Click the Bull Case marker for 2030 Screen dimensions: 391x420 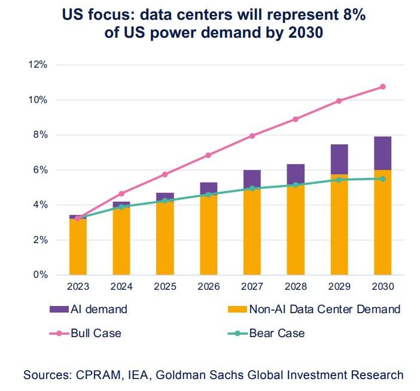(x=383, y=87)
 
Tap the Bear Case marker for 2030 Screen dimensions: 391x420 (x=383, y=178)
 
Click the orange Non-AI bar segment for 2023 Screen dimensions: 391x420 (x=78, y=247)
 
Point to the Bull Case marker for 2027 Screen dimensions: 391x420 (x=252, y=136)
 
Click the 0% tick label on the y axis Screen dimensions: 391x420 (x=39, y=275)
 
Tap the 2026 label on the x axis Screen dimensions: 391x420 (x=208, y=287)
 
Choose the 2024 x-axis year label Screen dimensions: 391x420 (x=121, y=287)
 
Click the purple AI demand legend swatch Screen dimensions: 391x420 (x=60, y=310)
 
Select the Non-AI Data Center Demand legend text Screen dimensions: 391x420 (x=325, y=310)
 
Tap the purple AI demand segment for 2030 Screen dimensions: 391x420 (x=383, y=153)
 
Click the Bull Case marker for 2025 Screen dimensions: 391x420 (x=165, y=174)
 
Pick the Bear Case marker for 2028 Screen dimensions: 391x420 (x=296, y=185)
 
